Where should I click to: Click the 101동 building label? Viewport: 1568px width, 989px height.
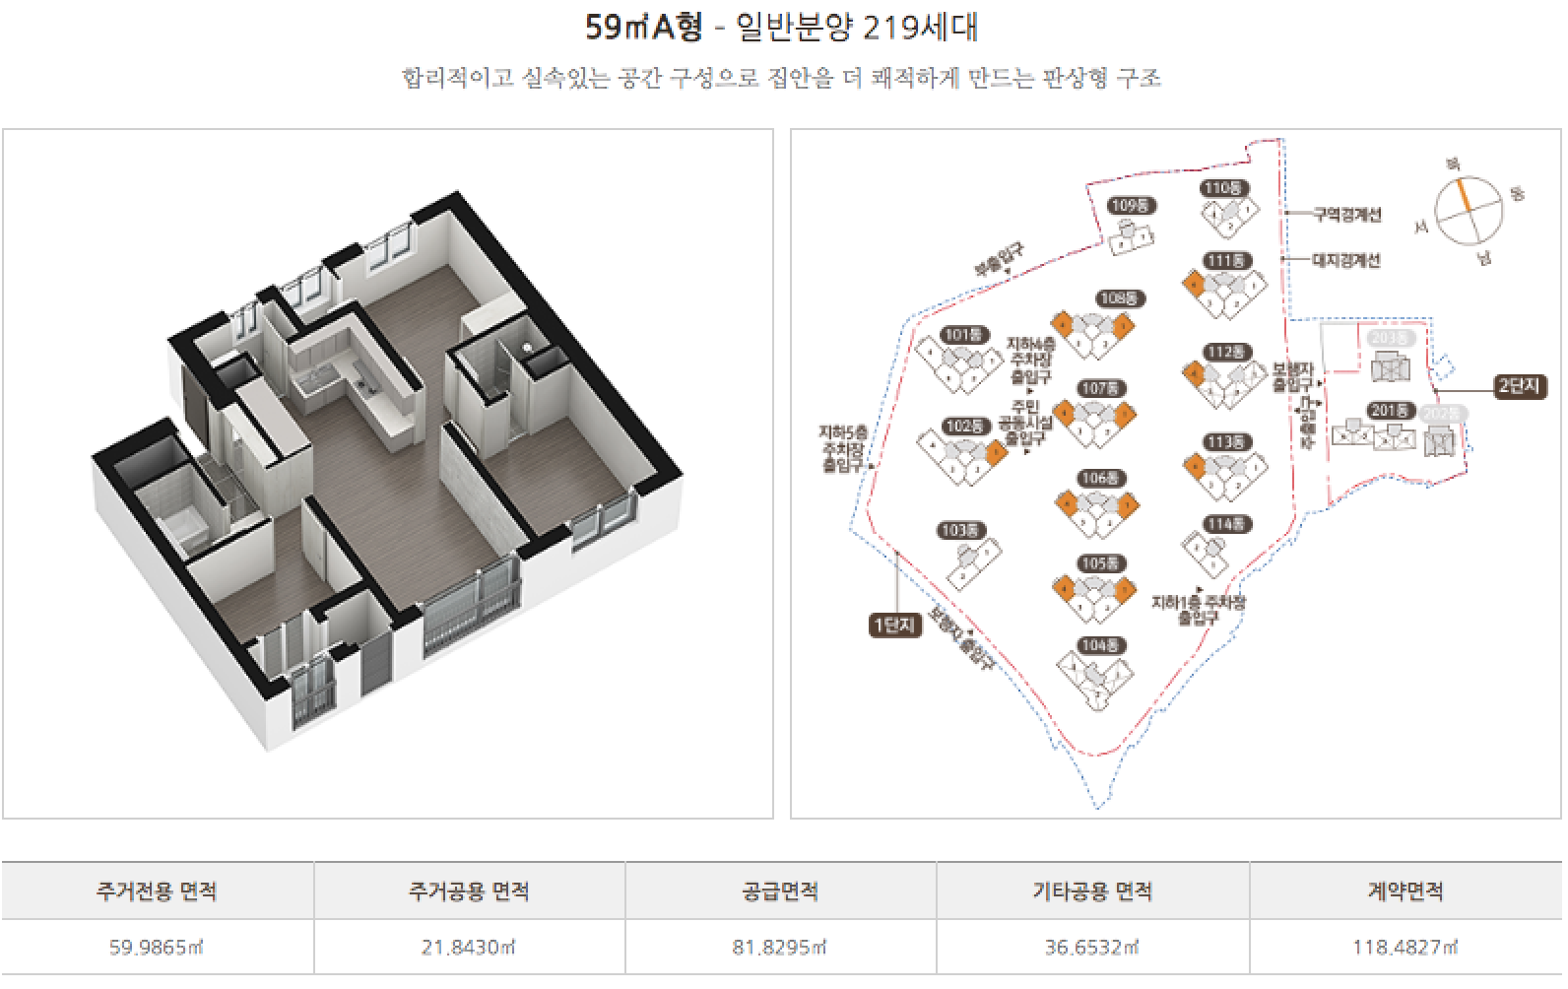(965, 335)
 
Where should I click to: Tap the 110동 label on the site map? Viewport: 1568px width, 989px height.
(1224, 188)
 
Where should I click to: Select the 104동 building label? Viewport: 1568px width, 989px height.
(1100, 646)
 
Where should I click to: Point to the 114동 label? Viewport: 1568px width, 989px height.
(1224, 525)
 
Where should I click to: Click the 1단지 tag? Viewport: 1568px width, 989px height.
(894, 625)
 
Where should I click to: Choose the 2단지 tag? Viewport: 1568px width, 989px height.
(1518, 386)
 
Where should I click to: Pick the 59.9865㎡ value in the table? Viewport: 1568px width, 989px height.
(157, 948)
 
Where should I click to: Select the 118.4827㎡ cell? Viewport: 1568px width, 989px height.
(1405, 948)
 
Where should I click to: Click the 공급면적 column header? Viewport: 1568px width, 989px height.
(781, 891)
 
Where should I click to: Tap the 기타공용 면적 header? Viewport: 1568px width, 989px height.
(1092, 891)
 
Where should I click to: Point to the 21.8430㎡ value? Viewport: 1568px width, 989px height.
(470, 948)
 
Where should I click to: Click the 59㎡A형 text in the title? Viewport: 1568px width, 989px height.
(644, 28)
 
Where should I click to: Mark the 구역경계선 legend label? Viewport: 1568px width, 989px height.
(1347, 215)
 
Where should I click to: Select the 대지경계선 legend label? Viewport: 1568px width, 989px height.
(1347, 261)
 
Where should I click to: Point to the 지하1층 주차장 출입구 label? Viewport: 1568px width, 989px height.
(1198, 609)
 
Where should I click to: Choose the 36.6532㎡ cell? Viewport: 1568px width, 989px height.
(1092, 948)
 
